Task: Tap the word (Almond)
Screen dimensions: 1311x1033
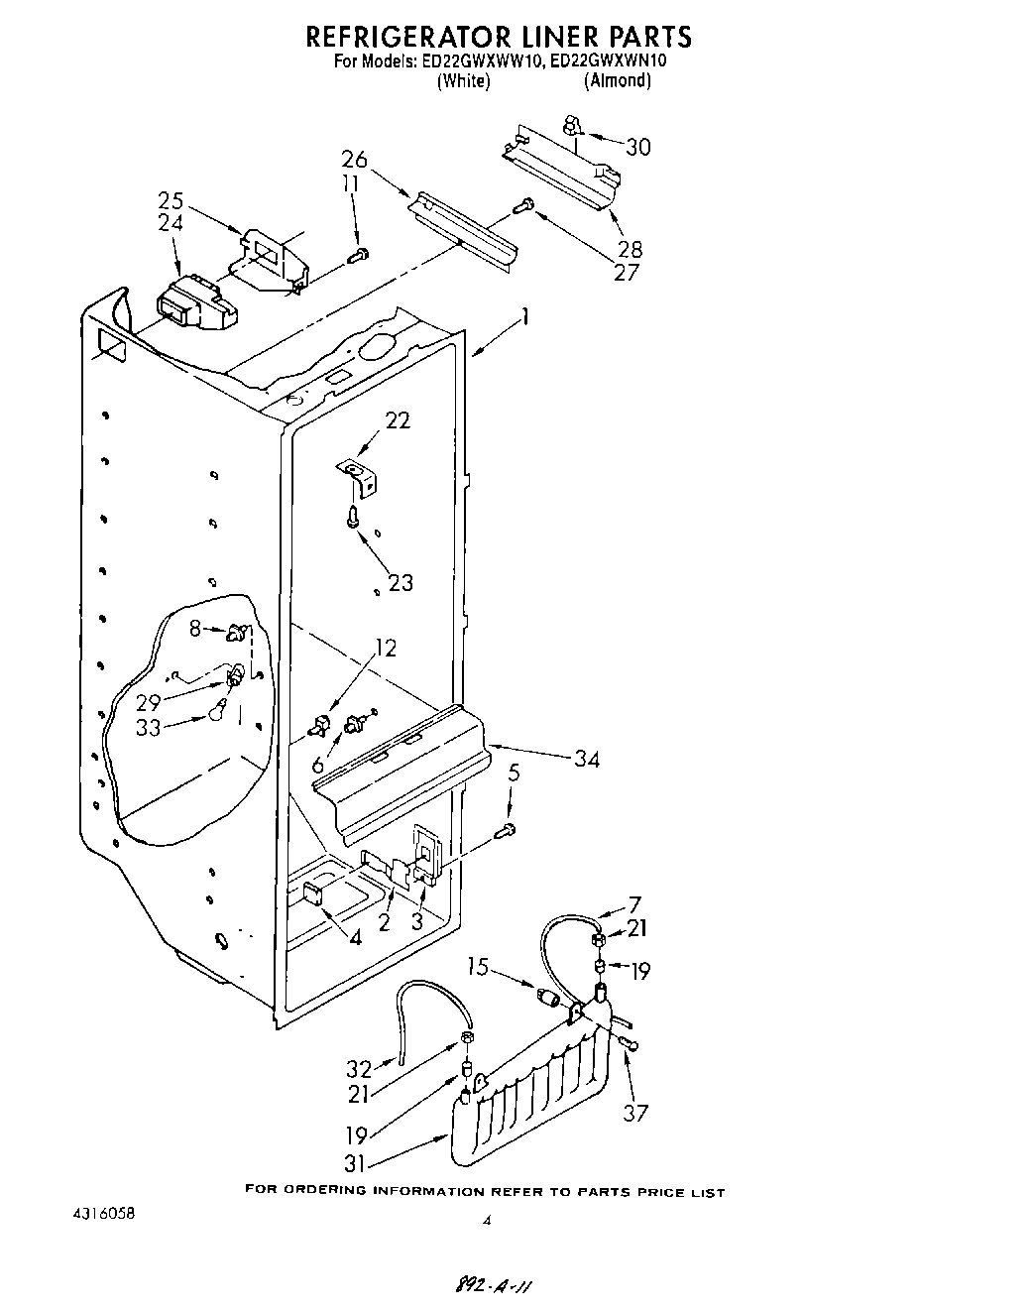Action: tap(617, 80)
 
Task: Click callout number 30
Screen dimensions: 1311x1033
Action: tap(638, 147)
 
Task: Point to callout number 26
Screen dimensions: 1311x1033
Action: tap(354, 159)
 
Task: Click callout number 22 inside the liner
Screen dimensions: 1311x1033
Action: tap(397, 420)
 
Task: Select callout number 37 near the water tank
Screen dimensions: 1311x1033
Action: tap(634, 1113)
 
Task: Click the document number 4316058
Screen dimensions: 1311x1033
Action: tap(103, 1214)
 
